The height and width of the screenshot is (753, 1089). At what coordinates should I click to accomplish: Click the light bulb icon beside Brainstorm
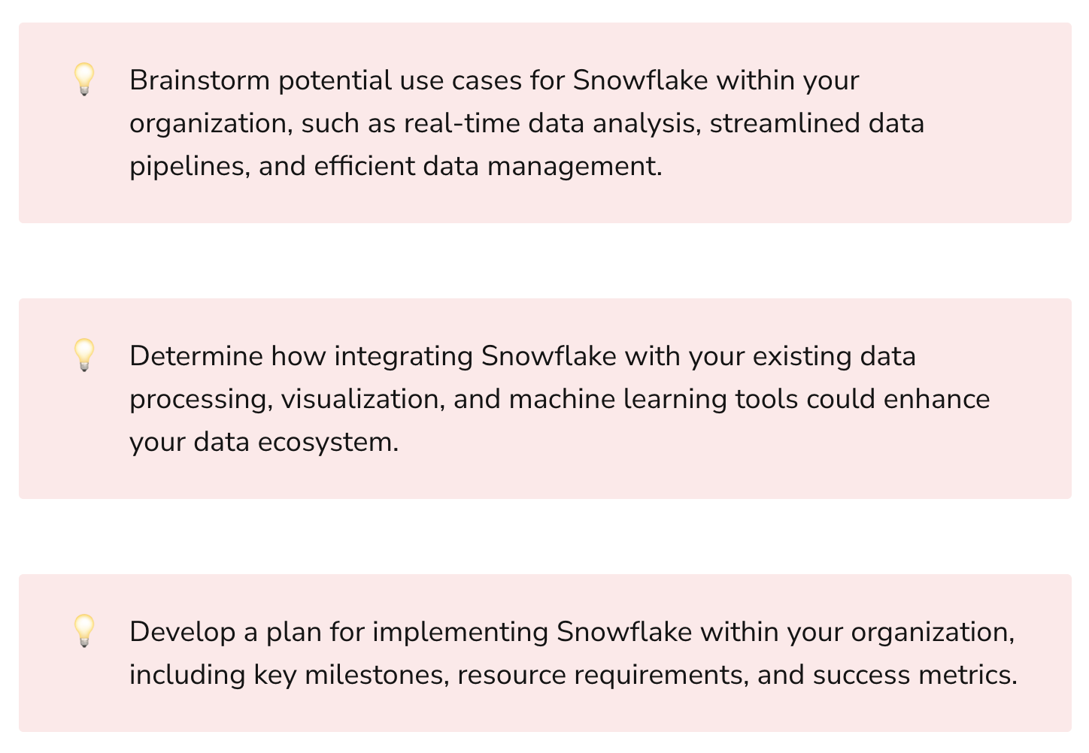(83, 79)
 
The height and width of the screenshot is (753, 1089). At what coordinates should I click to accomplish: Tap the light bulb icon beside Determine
(83, 355)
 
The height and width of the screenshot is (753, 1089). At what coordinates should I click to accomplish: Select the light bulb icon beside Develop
(83, 631)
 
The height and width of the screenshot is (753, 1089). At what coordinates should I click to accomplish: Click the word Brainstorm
(199, 80)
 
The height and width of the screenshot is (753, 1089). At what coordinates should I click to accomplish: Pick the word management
(575, 166)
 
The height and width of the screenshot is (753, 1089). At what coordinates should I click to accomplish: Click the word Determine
(196, 356)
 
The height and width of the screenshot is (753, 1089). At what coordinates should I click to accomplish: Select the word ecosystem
(328, 442)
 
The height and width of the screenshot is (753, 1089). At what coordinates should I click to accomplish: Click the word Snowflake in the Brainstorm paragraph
(640, 80)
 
